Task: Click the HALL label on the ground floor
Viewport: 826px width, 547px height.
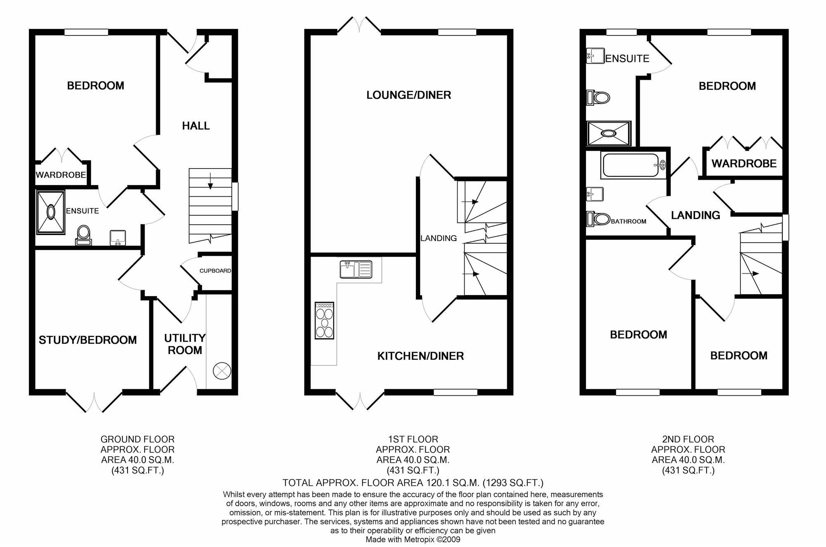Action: pyautogui.click(x=196, y=126)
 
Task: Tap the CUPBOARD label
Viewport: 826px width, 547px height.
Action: pyautogui.click(x=215, y=271)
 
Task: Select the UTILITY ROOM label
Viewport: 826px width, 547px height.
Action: pyautogui.click(x=185, y=344)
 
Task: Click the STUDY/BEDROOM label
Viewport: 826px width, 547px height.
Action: pyautogui.click(x=88, y=340)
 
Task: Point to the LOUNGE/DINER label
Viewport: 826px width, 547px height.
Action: pyautogui.click(x=408, y=95)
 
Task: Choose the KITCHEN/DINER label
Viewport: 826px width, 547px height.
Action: pyautogui.click(x=420, y=356)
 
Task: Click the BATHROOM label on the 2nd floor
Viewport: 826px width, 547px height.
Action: pyautogui.click(x=629, y=221)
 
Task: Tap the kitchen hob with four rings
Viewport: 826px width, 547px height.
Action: pyautogui.click(x=324, y=321)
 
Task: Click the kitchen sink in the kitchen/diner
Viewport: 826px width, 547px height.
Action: pyautogui.click(x=356, y=269)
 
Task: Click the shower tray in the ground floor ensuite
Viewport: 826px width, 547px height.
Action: pyautogui.click(x=51, y=212)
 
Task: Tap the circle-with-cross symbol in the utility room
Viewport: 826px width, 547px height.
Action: pyautogui.click(x=221, y=371)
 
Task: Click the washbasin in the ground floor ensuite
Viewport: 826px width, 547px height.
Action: pyautogui.click(x=118, y=238)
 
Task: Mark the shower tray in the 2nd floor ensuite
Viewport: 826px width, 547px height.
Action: pyautogui.click(x=609, y=133)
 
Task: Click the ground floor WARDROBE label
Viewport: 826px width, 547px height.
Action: pyautogui.click(x=61, y=175)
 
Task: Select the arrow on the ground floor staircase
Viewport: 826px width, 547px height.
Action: pyautogui.click(x=210, y=181)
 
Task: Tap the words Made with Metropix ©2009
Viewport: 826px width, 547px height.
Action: pyautogui.click(x=413, y=540)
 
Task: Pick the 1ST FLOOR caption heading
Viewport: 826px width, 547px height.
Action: pyautogui.click(x=413, y=439)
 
